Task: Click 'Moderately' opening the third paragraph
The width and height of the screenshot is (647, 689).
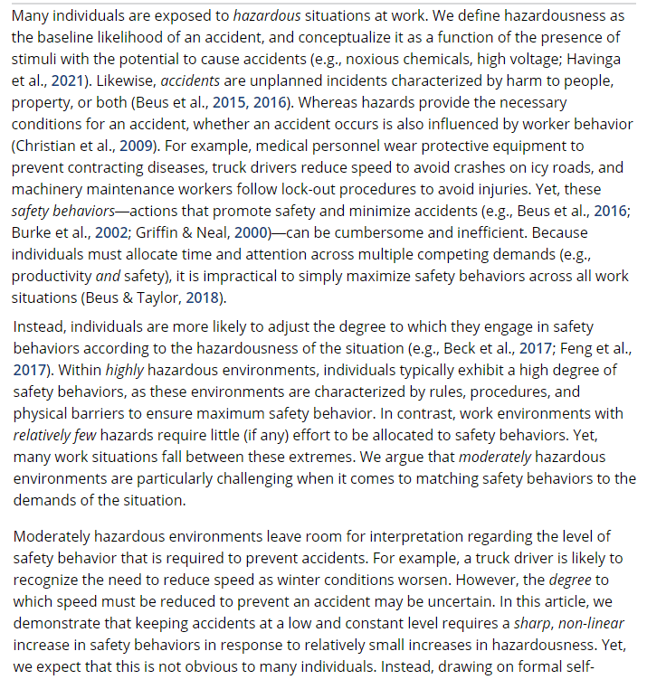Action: tap(56, 535)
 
